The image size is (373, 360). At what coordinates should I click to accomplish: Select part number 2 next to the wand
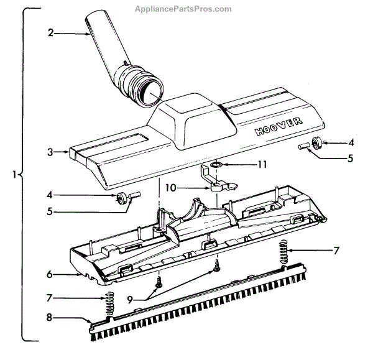click(x=50, y=33)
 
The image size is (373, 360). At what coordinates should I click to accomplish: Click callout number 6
click(x=57, y=274)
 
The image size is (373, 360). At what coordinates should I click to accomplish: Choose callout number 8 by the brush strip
click(x=58, y=318)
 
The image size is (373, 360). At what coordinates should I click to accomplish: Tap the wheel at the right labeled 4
click(x=319, y=142)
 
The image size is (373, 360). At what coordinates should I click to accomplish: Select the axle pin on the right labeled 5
click(x=304, y=147)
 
